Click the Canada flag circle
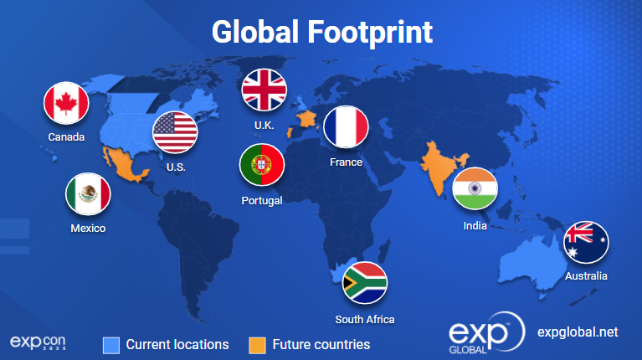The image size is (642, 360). pos(66,103)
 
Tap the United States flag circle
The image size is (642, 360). pos(175,132)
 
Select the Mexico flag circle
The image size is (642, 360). pos(88,194)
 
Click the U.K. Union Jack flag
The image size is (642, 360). pos(265,90)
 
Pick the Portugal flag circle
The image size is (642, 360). pos(262,165)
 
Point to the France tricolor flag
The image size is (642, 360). pos(346,127)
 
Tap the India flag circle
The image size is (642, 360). pos(475,188)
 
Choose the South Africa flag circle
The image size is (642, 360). pos(364,283)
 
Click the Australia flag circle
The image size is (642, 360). pos(586,243)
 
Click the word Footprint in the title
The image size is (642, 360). pos(370,33)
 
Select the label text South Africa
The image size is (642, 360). pos(365,320)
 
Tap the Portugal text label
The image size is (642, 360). pos(262,201)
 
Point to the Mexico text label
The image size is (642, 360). pos(88,228)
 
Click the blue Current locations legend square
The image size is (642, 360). pos(111,345)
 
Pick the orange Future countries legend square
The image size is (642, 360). pos(257,345)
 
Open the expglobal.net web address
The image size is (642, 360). pos(578,332)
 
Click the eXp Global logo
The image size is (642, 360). pos(486,332)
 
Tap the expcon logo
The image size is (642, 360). pos(38,342)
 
